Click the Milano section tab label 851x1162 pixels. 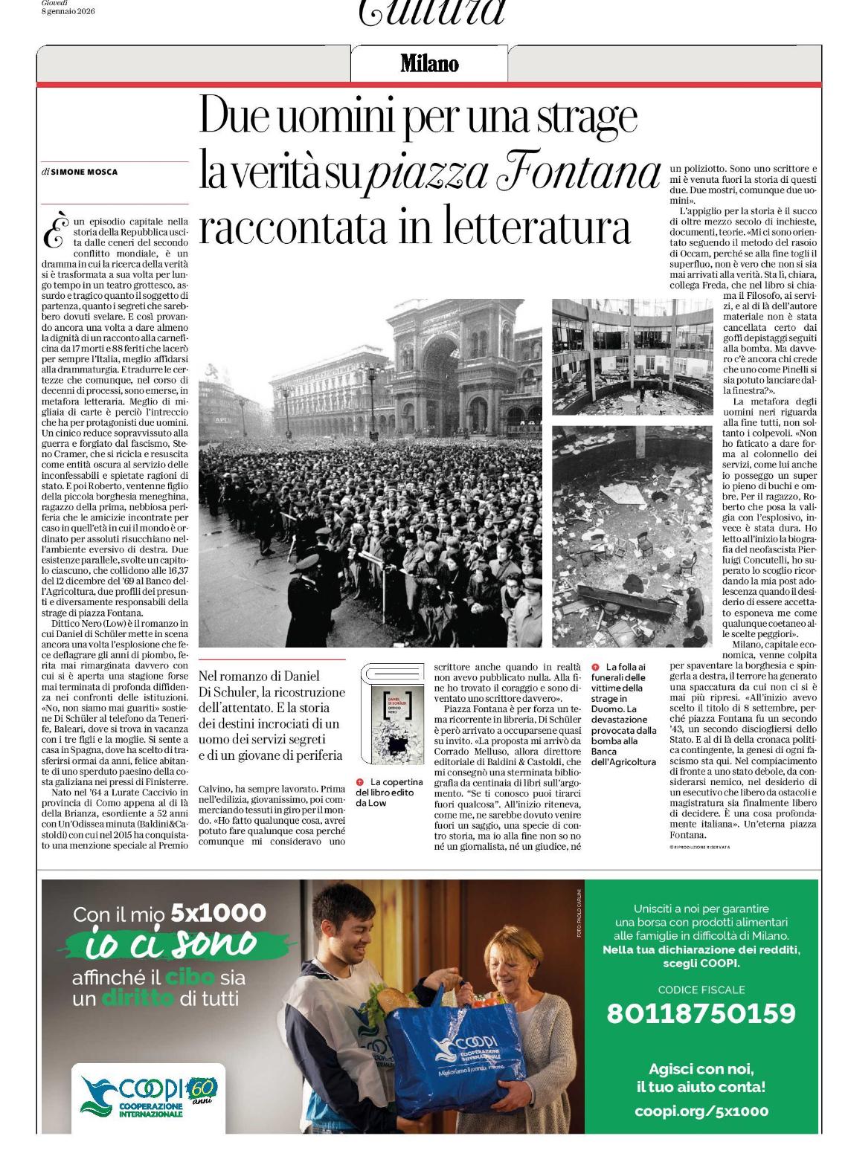point(429,64)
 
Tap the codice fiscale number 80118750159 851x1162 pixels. point(701,1013)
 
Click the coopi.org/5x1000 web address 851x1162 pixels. point(701,1111)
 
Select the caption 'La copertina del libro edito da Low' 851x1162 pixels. point(389,792)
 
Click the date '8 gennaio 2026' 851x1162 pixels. point(68,12)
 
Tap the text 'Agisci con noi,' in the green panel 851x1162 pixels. point(701,1069)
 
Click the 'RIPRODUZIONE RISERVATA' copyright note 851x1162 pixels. point(700,847)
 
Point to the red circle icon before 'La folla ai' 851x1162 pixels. point(596,667)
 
